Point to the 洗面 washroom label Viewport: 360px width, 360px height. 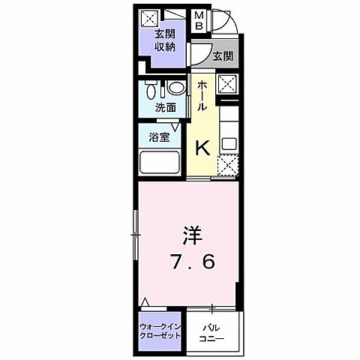point(166,108)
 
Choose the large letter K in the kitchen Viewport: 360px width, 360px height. point(202,146)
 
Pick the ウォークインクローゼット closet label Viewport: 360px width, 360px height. point(160,331)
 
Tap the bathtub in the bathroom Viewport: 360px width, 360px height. point(159,163)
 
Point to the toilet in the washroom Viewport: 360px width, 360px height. point(154,91)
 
